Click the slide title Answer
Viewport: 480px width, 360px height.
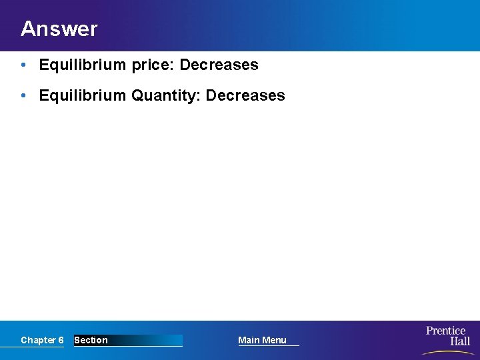click(59, 29)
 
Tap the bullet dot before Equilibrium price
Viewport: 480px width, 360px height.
click(23, 65)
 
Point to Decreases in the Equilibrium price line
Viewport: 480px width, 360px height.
click(219, 65)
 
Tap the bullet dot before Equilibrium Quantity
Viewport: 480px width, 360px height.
click(23, 95)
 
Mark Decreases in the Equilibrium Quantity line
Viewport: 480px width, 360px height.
click(245, 95)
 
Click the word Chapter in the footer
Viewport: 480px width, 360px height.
click(38, 340)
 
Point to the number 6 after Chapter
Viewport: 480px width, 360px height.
click(61, 340)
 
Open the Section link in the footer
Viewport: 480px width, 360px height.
click(91, 340)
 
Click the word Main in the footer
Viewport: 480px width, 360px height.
click(249, 340)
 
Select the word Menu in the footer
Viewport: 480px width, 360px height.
click(274, 340)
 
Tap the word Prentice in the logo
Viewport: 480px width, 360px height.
click(446, 331)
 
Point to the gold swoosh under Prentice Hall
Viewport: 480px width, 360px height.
click(448, 351)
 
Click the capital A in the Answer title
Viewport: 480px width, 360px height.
click(27, 29)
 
